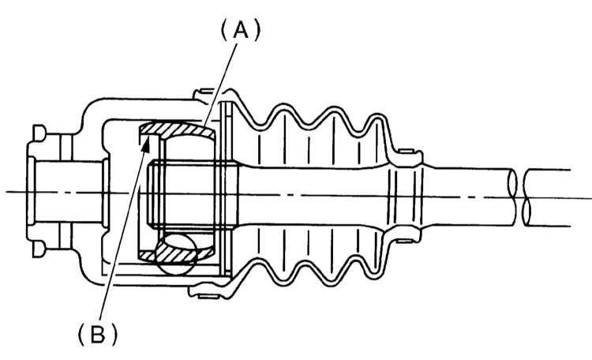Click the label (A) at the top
(240, 30)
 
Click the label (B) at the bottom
(97, 335)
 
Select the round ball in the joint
(176, 254)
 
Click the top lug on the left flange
(39, 132)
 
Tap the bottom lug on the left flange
(39, 250)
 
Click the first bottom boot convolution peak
(284, 279)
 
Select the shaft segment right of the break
(549, 198)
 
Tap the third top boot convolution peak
(377, 117)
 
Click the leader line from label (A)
(221, 84)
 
